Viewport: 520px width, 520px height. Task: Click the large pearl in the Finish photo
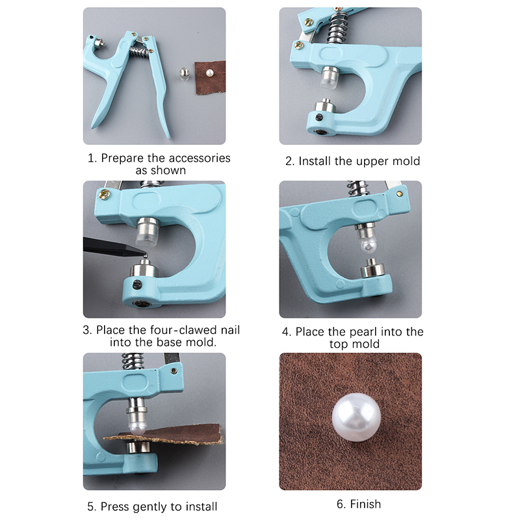click(x=356, y=417)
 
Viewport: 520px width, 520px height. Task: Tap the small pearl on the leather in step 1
click(x=209, y=73)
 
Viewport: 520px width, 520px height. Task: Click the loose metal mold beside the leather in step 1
click(x=185, y=74)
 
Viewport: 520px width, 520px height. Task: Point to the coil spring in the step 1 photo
click(x=139, y=52)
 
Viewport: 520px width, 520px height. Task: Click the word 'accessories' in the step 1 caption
click(x=198, y=158)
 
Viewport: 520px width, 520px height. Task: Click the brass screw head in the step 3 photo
click(x=105, y=194)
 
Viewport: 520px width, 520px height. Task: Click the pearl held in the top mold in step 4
click(x=369, y=246)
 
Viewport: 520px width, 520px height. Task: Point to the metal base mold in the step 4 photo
click(x=372, y=268)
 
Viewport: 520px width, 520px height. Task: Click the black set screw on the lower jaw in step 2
click(x=319, y=117)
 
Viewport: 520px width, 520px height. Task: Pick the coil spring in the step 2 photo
click(x=337, y=27)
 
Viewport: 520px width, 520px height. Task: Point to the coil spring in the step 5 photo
click(x=133, y=361)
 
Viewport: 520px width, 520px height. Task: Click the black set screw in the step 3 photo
click(x=137, y=285)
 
